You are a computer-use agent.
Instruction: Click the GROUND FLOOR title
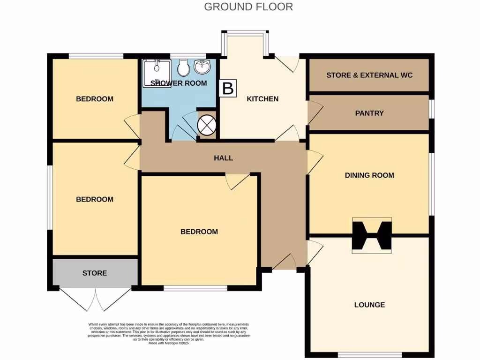pos(248,7)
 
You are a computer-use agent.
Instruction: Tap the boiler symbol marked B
pos(227,88)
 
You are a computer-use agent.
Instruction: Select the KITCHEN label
pos(262,99)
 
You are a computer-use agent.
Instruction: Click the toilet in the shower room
pos(183,68)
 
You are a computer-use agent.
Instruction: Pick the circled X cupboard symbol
pos(206,125)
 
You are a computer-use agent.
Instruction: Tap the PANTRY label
pos(369,113)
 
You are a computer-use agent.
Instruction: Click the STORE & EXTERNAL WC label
pos(369,75)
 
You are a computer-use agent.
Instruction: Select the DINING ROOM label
pos(369,175)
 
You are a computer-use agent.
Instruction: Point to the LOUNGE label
pos(369,305)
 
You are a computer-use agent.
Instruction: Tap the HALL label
pos(223,158)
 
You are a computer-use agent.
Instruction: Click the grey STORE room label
pos(95,273)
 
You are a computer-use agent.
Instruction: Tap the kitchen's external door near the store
pos(287,64)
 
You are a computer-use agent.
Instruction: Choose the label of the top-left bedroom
pos(95,99)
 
